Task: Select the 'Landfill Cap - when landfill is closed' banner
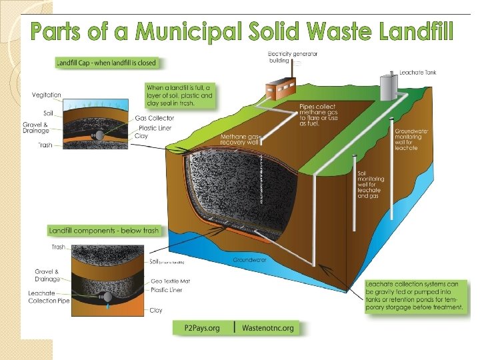[x=107, y=63]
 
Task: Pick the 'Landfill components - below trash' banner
[x=105, y=231]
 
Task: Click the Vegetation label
[x=47, y=95]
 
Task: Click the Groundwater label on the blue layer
[x=250, y=259]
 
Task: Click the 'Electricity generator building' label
[x=293, y=57]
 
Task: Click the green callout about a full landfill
[x=179, y=96]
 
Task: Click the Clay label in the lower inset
[x=157, y=310]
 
